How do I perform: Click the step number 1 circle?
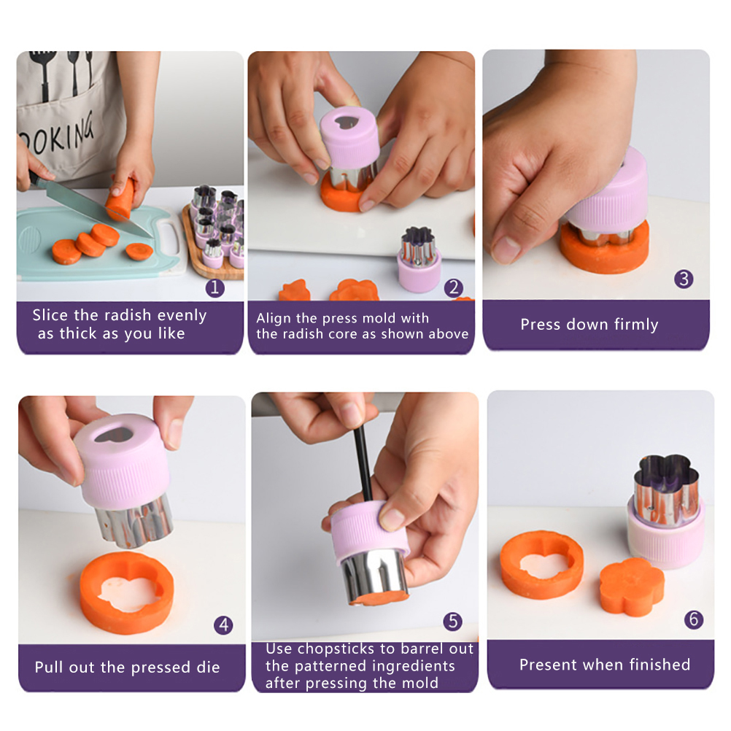(x=215, y=287)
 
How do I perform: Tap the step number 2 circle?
(x=454, y=287)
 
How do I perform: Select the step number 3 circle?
(x=684, y=279)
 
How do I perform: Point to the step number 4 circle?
(x=223, y=624)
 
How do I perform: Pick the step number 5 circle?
(x=452, y=621)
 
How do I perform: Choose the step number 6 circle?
(x=694, y=619)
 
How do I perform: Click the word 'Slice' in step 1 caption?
(x=50, y=315)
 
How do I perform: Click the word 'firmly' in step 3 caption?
(x=636, y=324)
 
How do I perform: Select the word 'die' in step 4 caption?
(x=208, y=667)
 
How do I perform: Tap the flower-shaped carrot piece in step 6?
(x=631, y=586)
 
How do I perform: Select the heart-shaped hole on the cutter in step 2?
(x=347, y=122)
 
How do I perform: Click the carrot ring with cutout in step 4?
(x=127, y=592)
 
